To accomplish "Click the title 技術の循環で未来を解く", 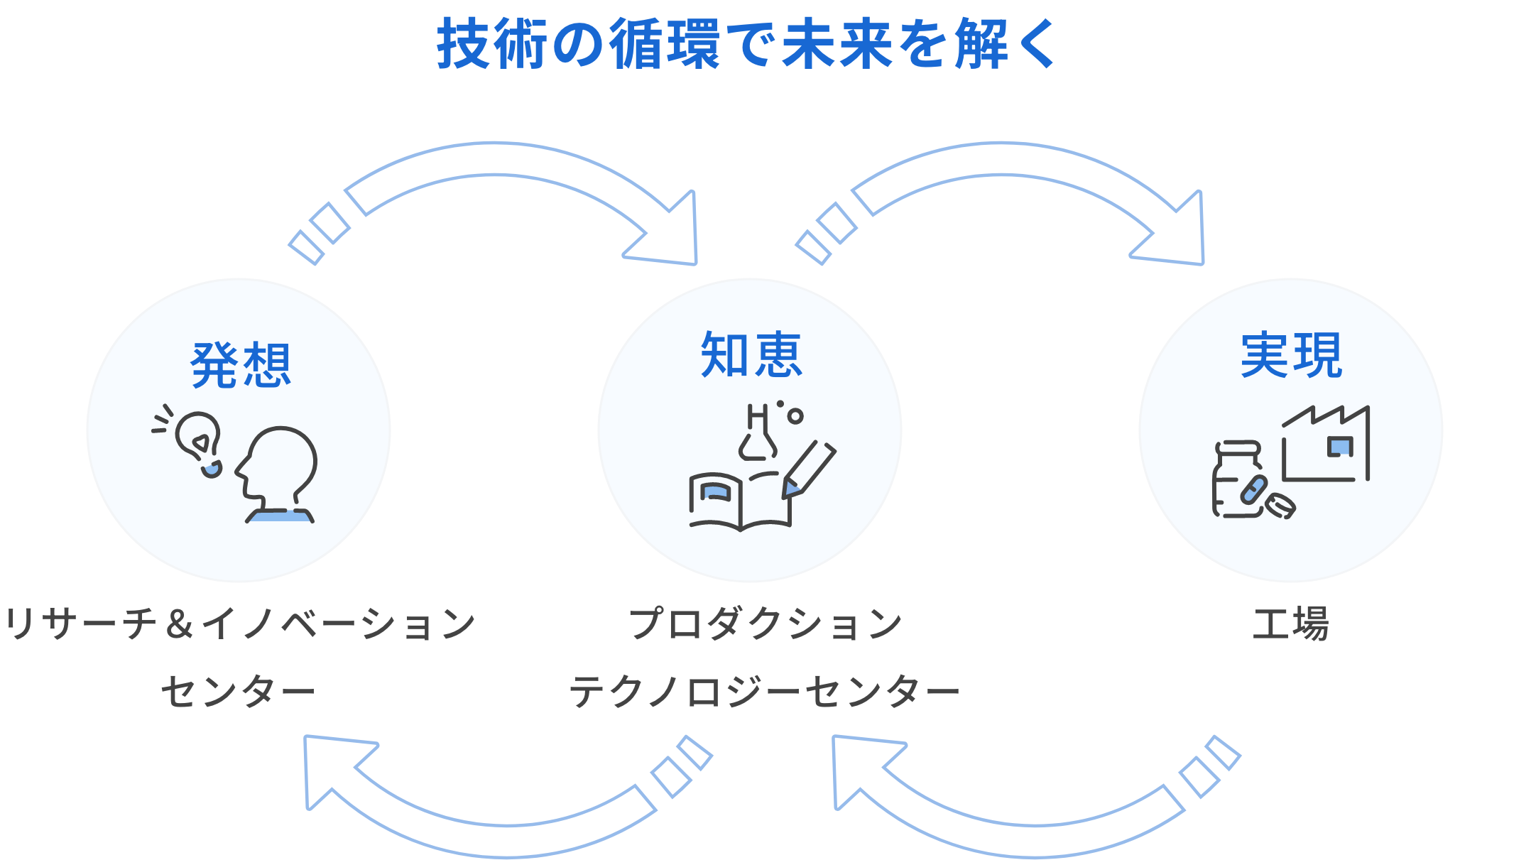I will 747,44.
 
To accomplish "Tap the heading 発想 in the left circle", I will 241,365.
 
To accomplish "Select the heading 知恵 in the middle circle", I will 751,355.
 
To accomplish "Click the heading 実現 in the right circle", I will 1291,355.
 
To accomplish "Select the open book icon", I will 739,501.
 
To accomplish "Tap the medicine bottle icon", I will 1237,481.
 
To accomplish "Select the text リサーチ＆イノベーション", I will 239,624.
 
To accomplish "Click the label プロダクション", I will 765,624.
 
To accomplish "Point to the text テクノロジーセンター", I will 764,691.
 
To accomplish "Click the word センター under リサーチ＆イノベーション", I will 238,691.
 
